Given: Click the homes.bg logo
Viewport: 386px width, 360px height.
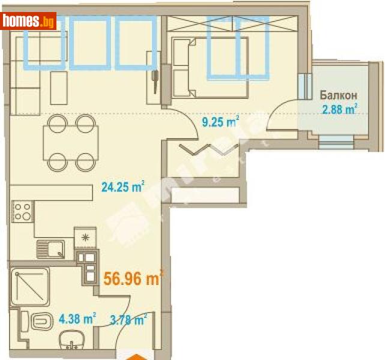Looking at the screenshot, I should click(x=29, y=22).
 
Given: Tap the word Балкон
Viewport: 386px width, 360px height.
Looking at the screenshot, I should click(x=339, y=95).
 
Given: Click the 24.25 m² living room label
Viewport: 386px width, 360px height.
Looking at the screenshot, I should click(x=123, y=187).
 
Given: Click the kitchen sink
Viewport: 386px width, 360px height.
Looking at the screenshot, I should click(x=50, y=248).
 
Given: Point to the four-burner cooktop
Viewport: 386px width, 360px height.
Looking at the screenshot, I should click(x=23, y=211).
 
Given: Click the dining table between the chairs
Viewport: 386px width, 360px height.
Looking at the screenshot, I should click(x=71, y=142).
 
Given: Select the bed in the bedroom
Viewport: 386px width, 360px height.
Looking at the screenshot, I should click(x=210, y=67).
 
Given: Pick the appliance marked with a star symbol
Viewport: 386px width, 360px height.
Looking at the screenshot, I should click(x=83, y=237).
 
